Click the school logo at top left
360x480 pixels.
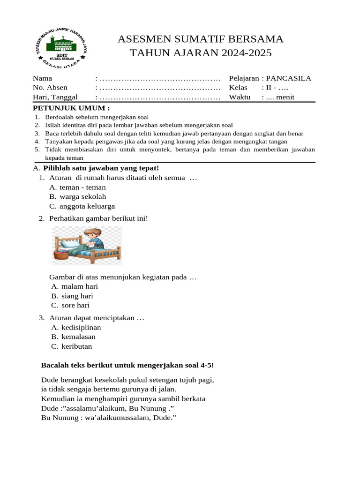click(x=61, y=47)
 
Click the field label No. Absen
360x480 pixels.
click(x=50, y=88)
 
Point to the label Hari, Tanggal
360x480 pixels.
click(x=55, y=97)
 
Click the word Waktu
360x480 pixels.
click(x=240, y=97)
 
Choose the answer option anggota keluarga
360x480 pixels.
click(x=87, y=206)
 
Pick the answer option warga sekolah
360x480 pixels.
click(x=83, y=197)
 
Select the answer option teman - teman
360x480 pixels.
click(x=83, y=187)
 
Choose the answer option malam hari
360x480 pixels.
click(x=80, y=286)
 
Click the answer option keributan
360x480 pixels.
click(x=77, y=346)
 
